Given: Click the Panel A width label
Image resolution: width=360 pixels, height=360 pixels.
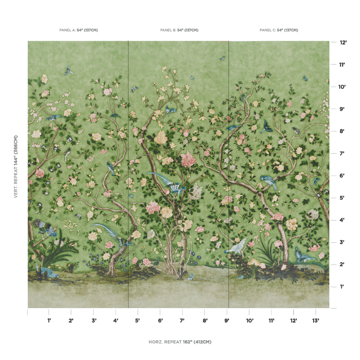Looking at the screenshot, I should (x=78, y=30).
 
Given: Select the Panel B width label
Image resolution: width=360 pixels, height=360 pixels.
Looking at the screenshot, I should (x=179, y=30).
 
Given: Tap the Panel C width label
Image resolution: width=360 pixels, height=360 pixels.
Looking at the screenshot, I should (x=279, y=30).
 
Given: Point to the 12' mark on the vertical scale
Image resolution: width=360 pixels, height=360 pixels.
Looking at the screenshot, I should (x=343, y=42).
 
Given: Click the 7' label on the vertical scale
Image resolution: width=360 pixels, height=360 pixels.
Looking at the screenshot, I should (x=342, y=154).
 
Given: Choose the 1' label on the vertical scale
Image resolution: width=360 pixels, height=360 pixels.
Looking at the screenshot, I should (x=342, y=287).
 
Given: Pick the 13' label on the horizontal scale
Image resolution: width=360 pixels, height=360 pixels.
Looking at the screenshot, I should (x=316, y=320).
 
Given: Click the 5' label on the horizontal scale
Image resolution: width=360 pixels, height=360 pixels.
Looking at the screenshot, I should (x=138, y=320).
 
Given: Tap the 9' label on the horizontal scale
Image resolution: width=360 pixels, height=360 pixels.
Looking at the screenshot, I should (x=227, y=320).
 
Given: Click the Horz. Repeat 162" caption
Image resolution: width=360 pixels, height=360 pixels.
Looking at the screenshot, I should (x=180, y=342).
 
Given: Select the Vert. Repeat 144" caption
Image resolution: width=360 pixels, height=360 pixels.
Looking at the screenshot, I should (x=16, y=166).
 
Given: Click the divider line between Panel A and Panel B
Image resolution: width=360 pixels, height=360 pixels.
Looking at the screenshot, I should (x=128, y=173).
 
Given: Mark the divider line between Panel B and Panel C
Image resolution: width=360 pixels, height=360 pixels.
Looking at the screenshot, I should (x=229, y=173).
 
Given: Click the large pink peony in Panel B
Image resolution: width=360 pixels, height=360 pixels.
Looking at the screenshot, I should (x=188, y=159).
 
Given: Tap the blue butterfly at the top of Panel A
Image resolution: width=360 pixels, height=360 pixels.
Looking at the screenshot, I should (x=68, y=71).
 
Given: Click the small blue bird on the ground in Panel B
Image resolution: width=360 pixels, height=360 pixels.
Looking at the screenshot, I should (x=190, y=276).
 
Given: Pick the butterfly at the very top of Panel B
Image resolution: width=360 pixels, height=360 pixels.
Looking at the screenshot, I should (x=222, y=58).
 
